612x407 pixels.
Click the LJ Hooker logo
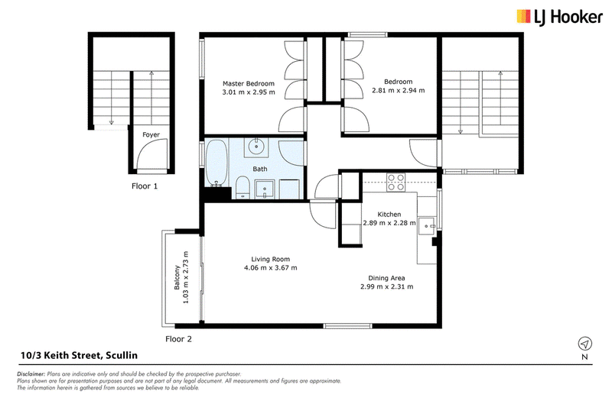pyautogui.click(x=559, y=17)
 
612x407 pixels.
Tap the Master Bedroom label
pyautogui.click(x=248, y=83)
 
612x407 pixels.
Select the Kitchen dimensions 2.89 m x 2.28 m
pyautogui.click(x=389, y=223)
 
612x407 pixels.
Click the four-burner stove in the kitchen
pyautogui.click(x=396, y=183)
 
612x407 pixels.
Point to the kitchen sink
pyautogui.click(x=428, y=226)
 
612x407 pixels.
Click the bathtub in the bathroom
pyautogui.click(x=216, y=163)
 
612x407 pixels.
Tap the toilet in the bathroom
pyautogui.click(x=243, y=187)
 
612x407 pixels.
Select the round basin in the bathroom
pyautogui.click(x=256, y=147)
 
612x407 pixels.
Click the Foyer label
pyautogui.click(x=151, y=134)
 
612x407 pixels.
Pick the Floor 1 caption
pyautogui.click(x=145, y=186)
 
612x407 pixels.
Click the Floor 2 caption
pyautogui.click(x=178, y=339)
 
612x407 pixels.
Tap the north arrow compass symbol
pyautogui.click(x=584, y=344)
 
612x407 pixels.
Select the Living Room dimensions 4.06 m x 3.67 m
pyautogui.click(x=271, y=268)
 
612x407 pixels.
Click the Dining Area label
pyautogui.click(x=386, y=278)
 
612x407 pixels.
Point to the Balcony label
pyautogui.click(x=177, y=277)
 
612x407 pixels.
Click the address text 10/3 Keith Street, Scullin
pyautogui.click(x=80, y=355)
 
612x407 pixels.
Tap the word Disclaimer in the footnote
pyautogui.click(x=31, y=374)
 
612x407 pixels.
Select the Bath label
pyautogui.click(x=260, y=169)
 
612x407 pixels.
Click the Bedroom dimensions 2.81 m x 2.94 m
pyautogui.click(x=398, y=90)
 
